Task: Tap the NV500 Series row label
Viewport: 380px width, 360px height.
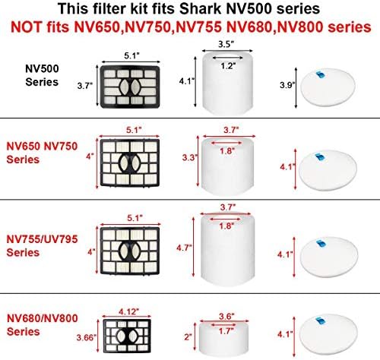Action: [x=42, y=75]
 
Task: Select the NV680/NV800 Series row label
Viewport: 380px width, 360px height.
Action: [x=42, y=325]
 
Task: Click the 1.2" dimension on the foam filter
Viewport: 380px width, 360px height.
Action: [x=228, y=66]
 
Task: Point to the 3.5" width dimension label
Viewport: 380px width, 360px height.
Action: [x=226, y=44]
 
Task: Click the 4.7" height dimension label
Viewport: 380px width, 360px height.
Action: [x=184, y=248]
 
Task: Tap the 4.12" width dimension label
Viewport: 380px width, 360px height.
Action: [x=129, y=311]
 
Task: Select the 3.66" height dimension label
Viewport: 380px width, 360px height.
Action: [x=87, y=337]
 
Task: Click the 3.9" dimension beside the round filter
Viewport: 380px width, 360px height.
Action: [x=287, y=85]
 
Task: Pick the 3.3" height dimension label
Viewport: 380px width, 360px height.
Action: [x=190, y=157]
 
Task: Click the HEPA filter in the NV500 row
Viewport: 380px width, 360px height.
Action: [x=130, y=87]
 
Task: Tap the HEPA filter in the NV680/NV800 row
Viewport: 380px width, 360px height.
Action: [x=127, y=336]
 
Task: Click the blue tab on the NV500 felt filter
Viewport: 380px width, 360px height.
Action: [x=320, y=75]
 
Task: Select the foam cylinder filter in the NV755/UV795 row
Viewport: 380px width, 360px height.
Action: [x=228, y=249]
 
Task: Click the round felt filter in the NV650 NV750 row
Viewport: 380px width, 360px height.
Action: [x=328, y=169]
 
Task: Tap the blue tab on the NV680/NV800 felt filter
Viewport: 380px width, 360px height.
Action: [x=320, y=321]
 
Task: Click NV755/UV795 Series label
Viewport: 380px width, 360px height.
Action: [x=42, y=246]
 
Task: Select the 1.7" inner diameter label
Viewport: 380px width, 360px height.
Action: [x=225, y=330]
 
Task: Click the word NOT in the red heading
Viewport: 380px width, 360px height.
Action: [x=26, y=27]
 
